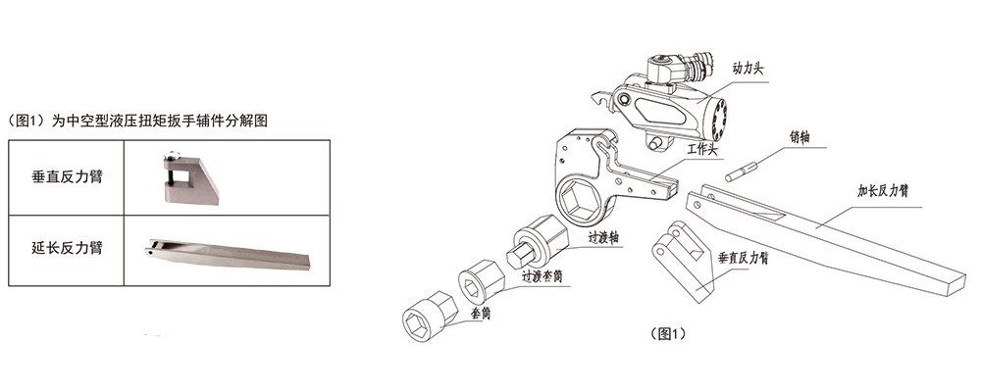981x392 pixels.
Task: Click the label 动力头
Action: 748,69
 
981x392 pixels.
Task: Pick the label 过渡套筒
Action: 542,275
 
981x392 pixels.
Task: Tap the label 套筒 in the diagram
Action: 480,314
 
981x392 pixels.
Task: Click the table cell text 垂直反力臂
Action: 67,177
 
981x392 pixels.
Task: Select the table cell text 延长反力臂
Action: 67,248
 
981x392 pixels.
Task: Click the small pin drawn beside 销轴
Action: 742,171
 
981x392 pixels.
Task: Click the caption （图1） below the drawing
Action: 668,334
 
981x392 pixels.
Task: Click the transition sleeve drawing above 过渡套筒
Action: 480,280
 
